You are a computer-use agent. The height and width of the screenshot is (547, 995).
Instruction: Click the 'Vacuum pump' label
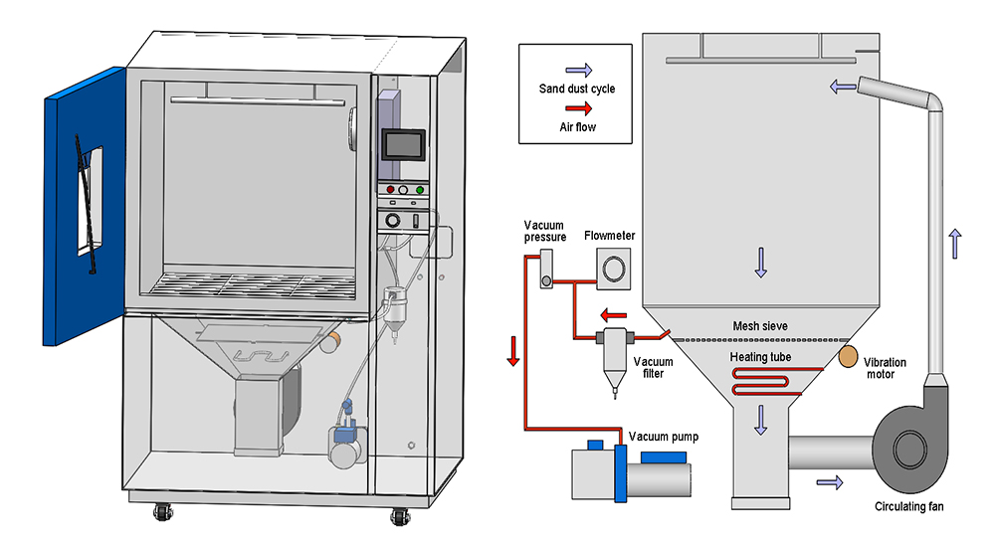coord(663,437)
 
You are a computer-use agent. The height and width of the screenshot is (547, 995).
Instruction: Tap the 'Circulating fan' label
coord(908,506)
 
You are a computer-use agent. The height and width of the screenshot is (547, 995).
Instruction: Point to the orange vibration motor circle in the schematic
coord(848,354)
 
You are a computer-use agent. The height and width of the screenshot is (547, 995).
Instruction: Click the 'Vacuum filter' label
coord(653,366)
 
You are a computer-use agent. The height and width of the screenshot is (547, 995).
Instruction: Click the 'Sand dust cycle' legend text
coord(577,89)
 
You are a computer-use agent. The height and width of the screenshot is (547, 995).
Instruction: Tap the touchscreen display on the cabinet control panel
coord(404,145)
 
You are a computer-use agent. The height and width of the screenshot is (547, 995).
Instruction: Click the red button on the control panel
coord(390,189)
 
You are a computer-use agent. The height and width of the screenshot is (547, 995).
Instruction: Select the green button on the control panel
coord(420,189)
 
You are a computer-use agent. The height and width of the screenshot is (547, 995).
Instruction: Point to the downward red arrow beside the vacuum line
coord(513,350)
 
